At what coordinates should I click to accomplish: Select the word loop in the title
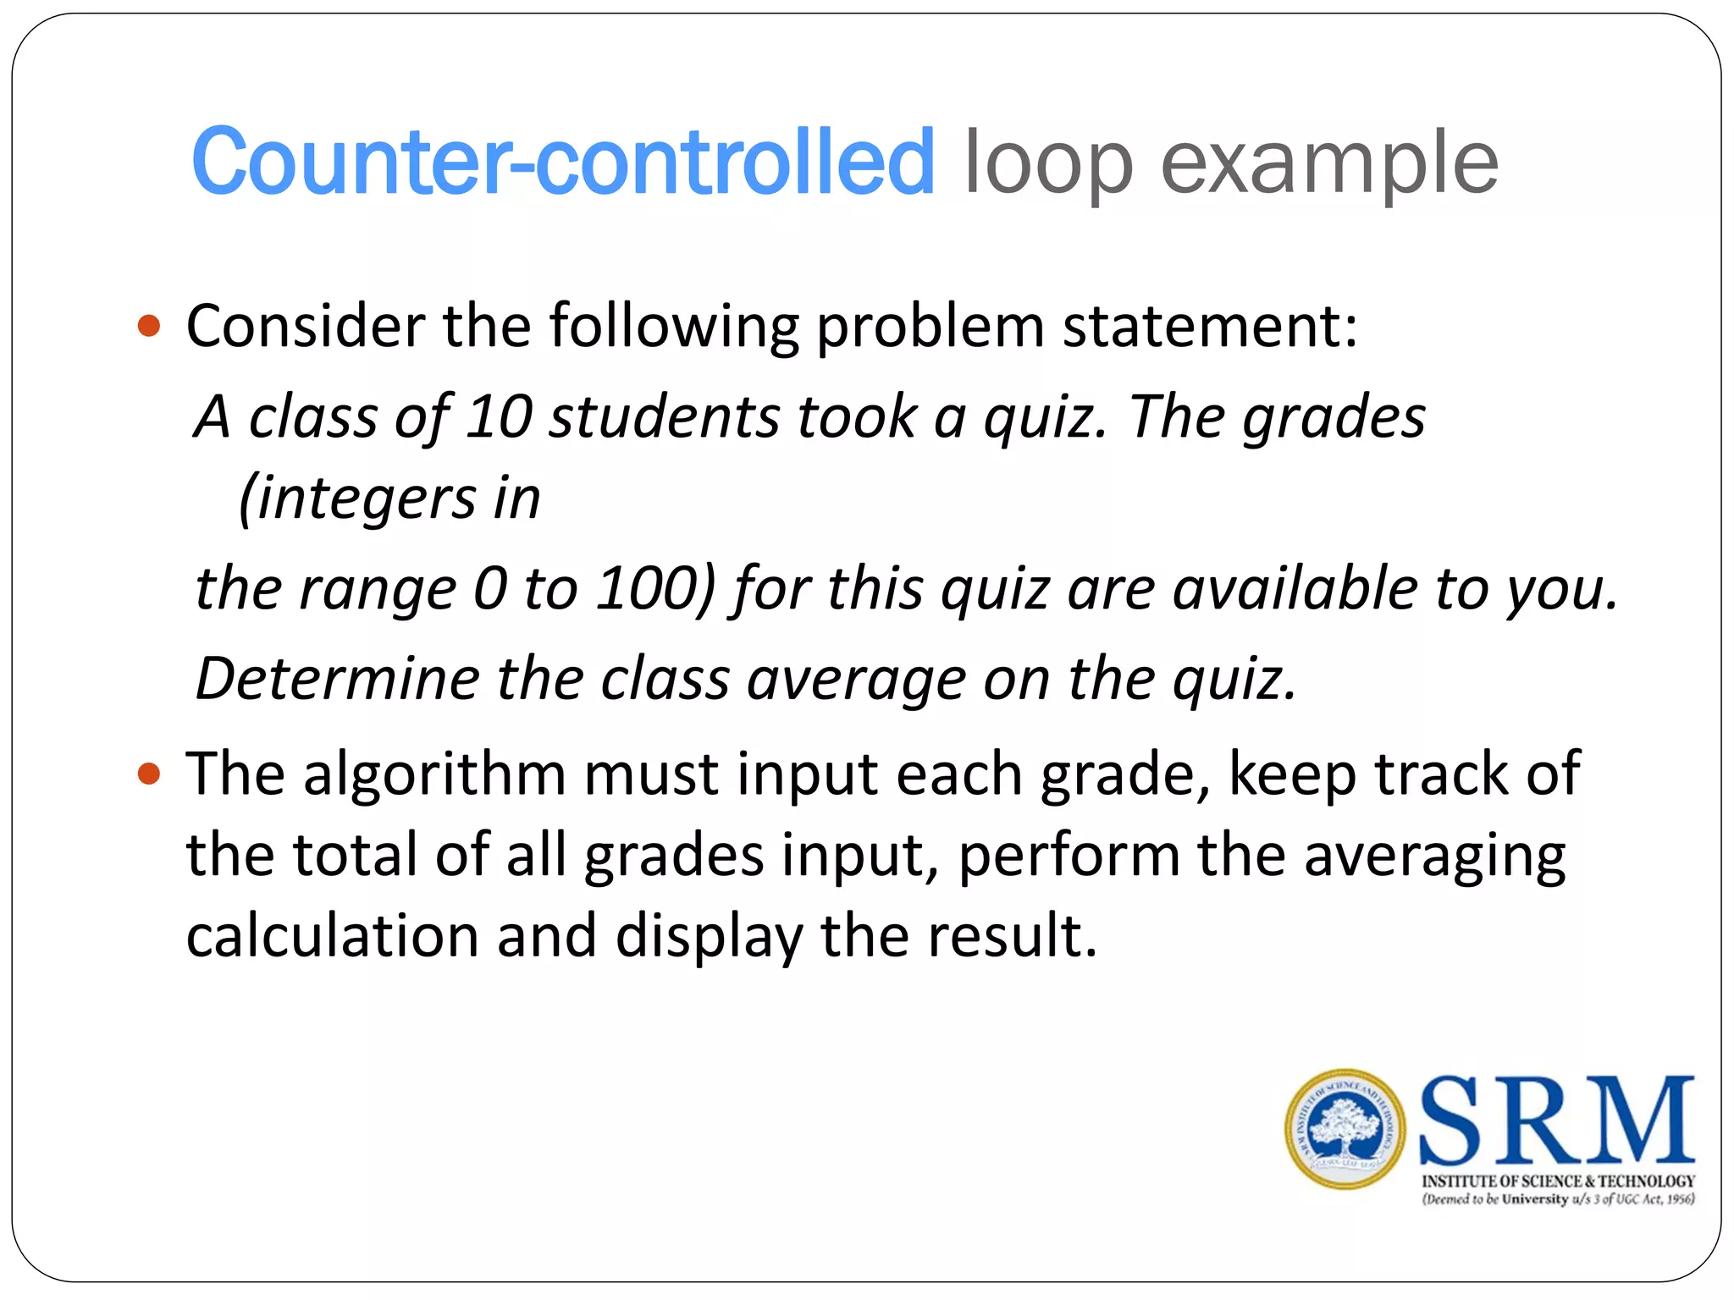1048,162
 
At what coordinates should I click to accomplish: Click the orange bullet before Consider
149,326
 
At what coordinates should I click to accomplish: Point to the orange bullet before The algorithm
149,774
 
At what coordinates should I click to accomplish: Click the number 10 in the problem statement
499,416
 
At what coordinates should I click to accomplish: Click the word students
664,416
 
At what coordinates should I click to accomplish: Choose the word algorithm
434,774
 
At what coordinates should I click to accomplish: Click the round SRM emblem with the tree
1345,1129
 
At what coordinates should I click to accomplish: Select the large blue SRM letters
1556,1120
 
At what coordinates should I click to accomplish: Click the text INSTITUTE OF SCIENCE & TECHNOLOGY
1558,1181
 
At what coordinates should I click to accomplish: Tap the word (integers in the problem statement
356,498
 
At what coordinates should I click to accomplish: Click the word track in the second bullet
1442,774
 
